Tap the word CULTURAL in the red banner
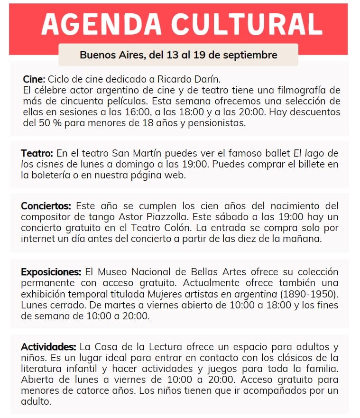[248, 24]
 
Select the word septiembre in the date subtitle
[251, 55]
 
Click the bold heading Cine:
[34, 79]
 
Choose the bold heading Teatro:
[37, 153]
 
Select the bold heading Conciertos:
[46, 206]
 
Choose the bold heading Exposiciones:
[51, 272]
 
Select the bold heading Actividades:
[48, 347]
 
